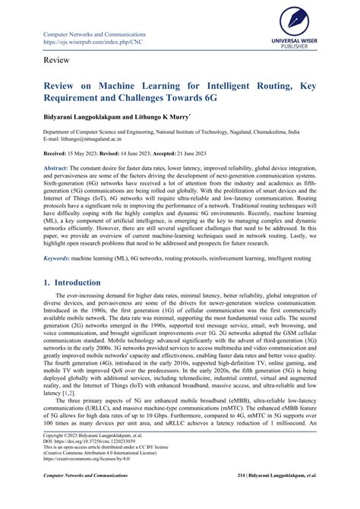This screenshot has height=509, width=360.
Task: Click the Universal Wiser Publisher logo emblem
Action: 306,21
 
